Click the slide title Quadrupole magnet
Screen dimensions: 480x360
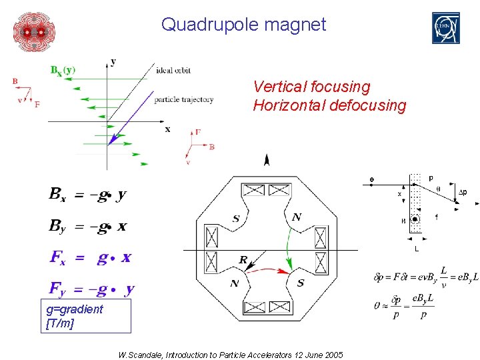point(243,25)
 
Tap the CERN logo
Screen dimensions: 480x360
point(445,29)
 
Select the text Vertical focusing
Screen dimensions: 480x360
point(311,87)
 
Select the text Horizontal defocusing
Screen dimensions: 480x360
point(329,105)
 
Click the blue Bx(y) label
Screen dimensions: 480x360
point(63,69)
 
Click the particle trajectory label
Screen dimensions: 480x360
point(183,99)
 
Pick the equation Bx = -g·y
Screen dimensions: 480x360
point(87,195)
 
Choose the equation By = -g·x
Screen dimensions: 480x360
point(87,226)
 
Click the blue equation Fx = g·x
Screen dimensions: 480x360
point(91,257)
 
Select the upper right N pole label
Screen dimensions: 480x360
point(297,217)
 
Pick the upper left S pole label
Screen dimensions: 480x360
point(236,218)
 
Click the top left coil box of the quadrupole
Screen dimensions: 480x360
point(254,190)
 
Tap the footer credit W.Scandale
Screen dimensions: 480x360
point(230,355)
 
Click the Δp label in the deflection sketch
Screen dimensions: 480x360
point(461,193)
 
